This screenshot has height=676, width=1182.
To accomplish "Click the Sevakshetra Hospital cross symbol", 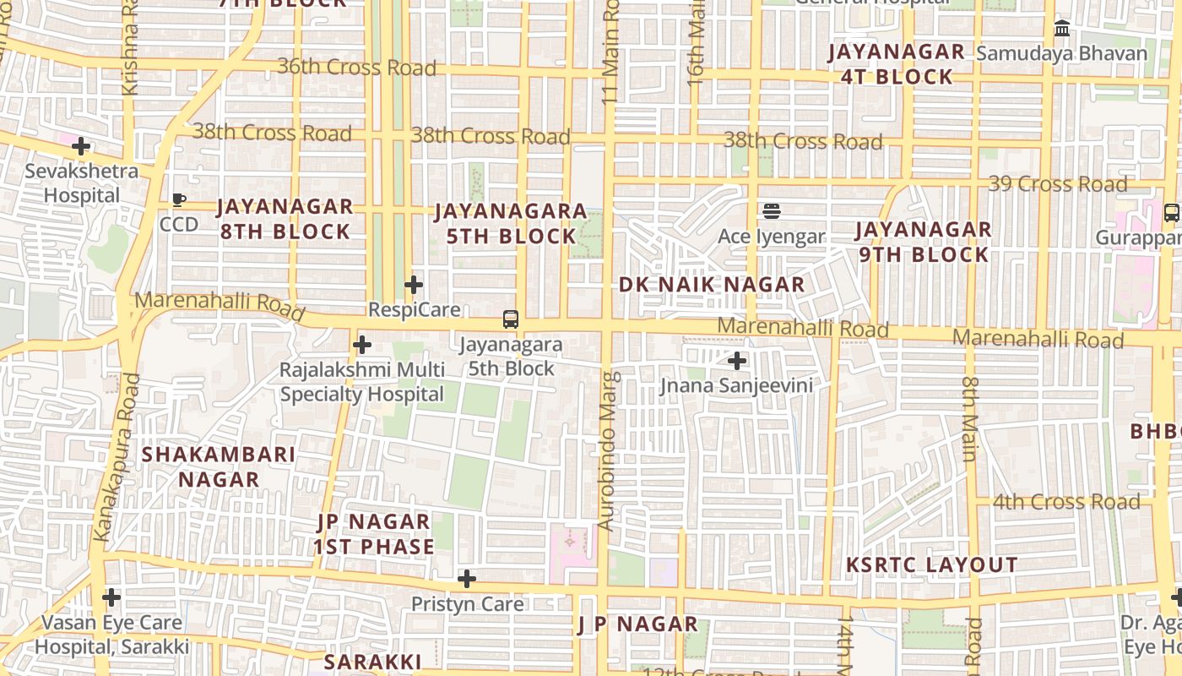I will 81,147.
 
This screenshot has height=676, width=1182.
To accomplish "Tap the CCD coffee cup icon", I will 179,200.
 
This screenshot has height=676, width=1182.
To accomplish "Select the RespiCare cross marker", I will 414,285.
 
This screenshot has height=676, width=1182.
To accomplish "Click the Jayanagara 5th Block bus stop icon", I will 511,319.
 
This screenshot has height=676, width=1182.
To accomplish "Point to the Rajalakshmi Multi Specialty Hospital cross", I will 362,345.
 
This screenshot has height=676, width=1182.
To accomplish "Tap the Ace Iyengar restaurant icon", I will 771,211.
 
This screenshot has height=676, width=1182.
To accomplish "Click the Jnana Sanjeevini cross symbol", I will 737,361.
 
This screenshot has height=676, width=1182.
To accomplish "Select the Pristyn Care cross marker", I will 467,579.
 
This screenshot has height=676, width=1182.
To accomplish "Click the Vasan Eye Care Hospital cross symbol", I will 111,597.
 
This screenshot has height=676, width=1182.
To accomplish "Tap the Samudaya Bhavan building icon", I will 1062,29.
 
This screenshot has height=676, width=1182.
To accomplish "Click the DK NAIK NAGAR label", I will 712,285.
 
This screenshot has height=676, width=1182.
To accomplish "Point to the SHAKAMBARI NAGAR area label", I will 219,466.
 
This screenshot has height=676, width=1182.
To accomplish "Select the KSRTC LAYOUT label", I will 932,564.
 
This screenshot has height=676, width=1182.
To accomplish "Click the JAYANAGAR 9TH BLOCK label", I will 923,242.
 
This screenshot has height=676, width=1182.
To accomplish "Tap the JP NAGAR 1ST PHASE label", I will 374,534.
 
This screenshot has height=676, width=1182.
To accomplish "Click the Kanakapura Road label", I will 116,457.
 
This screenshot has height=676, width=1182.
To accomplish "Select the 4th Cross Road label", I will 1065,502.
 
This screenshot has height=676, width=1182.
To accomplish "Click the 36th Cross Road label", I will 356,67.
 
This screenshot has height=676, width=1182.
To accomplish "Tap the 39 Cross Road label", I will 1057,183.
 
